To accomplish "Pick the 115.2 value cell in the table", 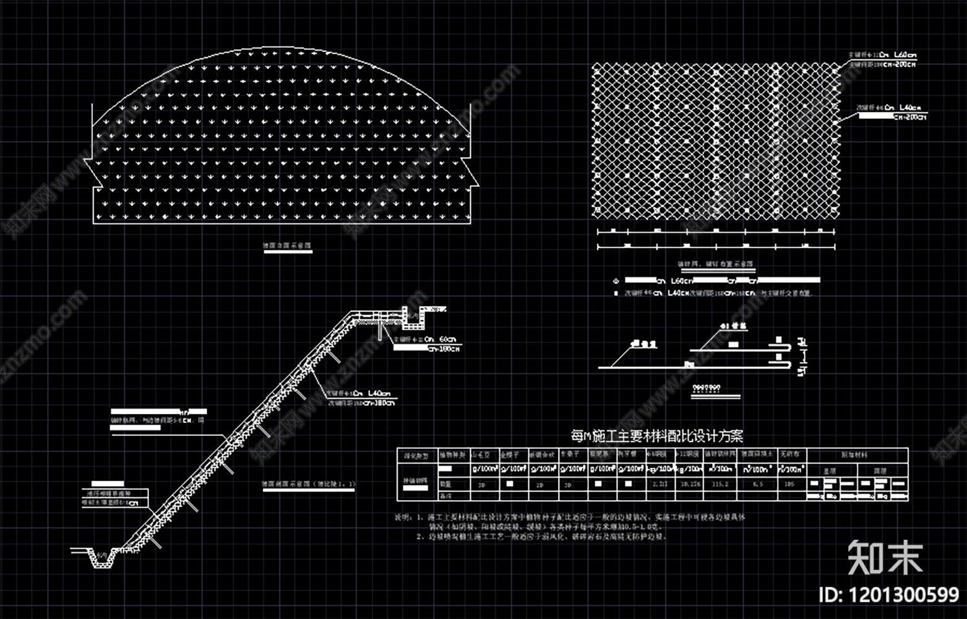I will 721,485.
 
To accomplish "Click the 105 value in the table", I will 789,485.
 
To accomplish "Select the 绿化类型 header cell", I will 416,455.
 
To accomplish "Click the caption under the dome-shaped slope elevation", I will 286,246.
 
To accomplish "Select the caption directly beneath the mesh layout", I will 715,264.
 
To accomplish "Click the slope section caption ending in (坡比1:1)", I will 309,484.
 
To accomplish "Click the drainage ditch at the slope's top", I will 413,316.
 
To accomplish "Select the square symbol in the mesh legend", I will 615,293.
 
